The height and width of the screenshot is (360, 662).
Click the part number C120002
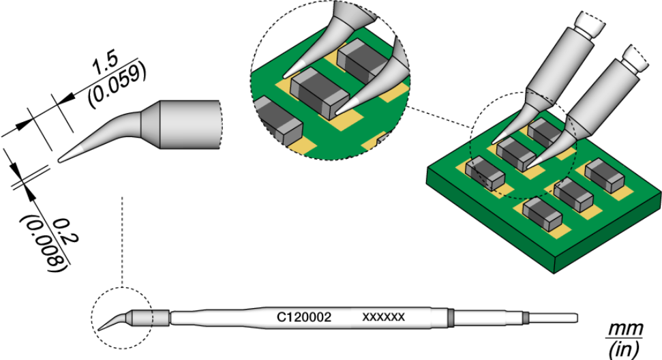(x=304, y=318)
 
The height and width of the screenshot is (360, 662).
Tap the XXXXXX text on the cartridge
(x=384, y=318)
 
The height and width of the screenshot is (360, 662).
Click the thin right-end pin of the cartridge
(x=554, y=317)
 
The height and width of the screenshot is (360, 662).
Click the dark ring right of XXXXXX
(x=451, y=317)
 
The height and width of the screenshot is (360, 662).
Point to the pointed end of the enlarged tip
(x=61, y=160)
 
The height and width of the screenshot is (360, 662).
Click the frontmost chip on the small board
(x=541, y=213)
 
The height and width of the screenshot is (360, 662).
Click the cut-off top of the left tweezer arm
(x=590, y=25)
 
